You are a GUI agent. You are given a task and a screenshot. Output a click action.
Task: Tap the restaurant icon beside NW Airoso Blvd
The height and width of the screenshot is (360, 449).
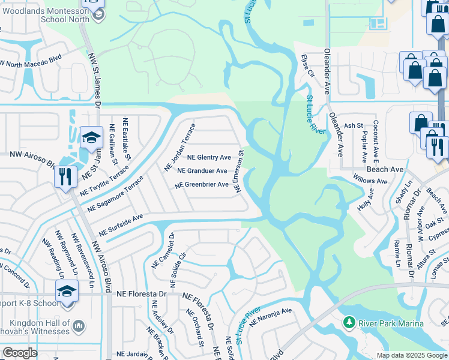click(65, 176)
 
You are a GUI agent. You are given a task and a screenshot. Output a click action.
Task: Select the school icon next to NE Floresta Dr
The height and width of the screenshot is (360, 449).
click(66, 293)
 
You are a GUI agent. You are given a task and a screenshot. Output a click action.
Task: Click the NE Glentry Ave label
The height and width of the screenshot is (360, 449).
click(209, 157)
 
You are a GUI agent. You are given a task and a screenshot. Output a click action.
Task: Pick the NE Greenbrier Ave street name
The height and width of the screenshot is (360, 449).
click(202, 185)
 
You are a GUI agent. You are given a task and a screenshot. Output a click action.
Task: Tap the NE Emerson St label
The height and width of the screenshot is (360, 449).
click(239, 171)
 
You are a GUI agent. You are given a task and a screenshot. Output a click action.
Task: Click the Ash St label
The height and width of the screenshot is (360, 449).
click(354, 126)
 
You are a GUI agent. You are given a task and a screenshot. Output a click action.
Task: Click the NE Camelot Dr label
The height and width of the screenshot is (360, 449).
click(163, 251)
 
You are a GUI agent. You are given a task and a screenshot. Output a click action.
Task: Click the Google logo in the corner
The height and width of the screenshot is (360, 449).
click(20, 353)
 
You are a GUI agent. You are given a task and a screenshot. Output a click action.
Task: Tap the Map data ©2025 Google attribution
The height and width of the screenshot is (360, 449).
click(411, 355)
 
